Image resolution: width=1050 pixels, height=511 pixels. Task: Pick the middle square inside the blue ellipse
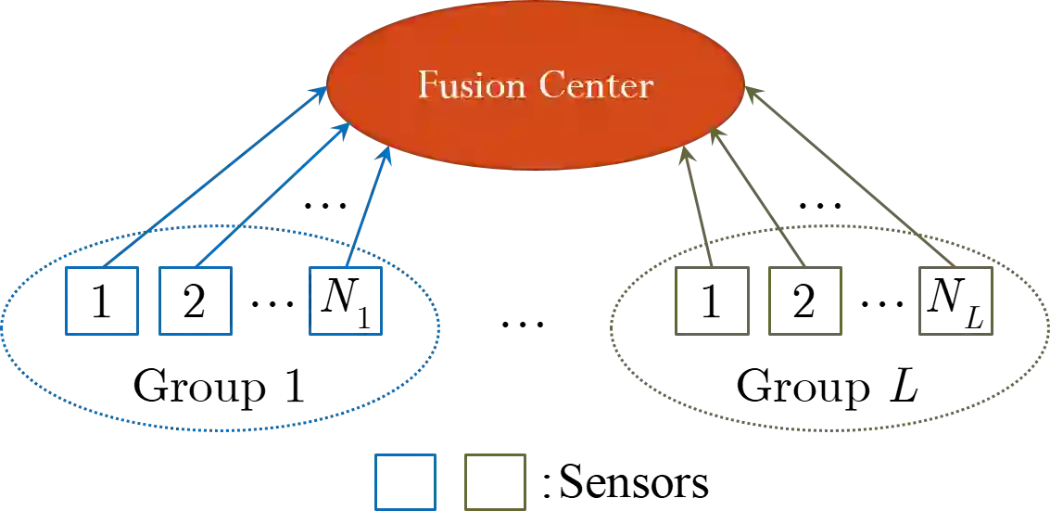point(195,299)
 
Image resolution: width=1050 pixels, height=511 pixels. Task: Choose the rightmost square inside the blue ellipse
point(345,299)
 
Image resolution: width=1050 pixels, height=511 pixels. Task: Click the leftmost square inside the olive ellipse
point(714,299)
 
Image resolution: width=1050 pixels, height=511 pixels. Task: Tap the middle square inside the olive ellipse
point(803,299)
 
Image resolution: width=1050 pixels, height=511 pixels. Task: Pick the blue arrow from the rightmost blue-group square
point(371,199)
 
